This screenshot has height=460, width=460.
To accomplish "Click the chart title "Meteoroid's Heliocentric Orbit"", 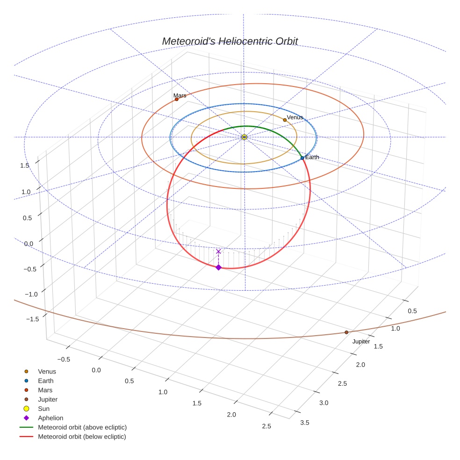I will click(230, 41).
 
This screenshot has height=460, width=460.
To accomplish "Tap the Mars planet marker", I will click(177, 99).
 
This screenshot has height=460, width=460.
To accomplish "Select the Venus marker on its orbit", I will click(285, 120).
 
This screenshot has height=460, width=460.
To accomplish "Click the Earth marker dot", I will click(302, 158).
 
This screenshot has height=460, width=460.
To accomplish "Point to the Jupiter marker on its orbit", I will click(346, 332).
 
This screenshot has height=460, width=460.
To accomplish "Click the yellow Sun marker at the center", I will click(244, 137).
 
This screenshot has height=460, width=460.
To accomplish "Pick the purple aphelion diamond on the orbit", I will click(218, 267).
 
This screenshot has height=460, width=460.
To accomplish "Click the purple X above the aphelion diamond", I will click(218, 252).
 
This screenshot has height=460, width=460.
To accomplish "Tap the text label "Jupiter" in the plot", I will click(361, 342).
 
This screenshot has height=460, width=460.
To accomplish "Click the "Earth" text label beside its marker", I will click(312, 157).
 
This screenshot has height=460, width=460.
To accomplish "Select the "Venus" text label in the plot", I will click(295, 117).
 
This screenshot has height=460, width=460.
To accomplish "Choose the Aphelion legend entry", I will click(50, 418).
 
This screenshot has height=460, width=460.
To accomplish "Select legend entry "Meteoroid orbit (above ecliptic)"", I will click(82, 427).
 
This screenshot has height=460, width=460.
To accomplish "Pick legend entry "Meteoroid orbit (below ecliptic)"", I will click(82, 437).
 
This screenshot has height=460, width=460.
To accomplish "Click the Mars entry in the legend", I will click(45, 390).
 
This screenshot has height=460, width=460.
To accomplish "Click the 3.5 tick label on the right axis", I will click(304, 423).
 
